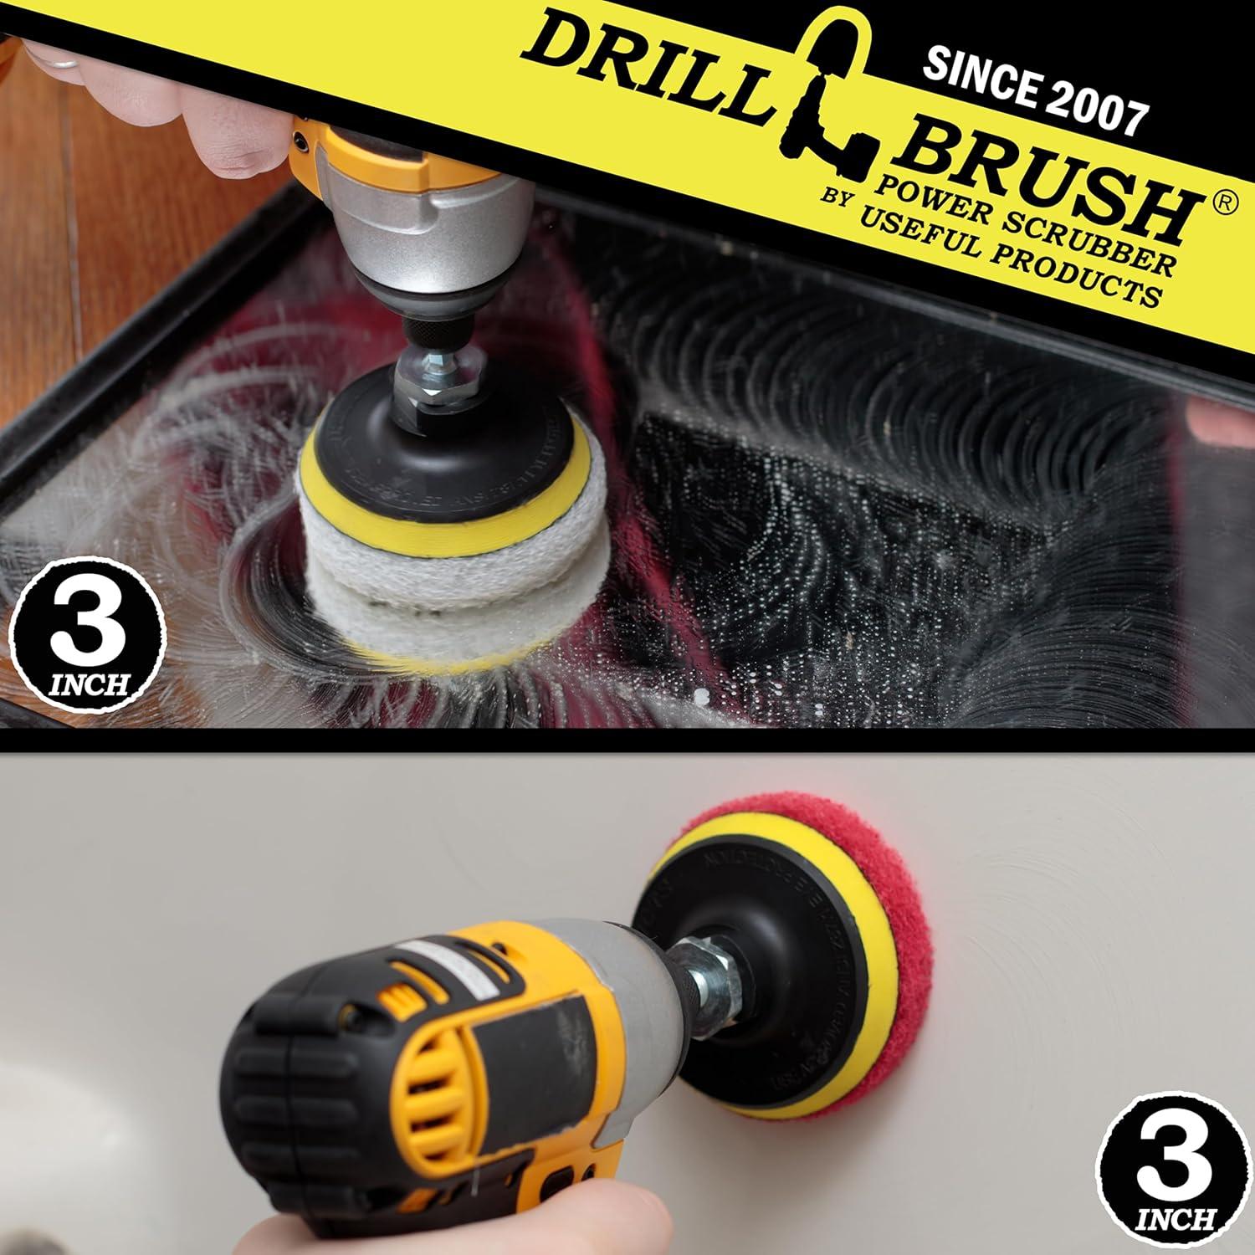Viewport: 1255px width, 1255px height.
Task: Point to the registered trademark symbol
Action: (x=1222, y=205)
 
